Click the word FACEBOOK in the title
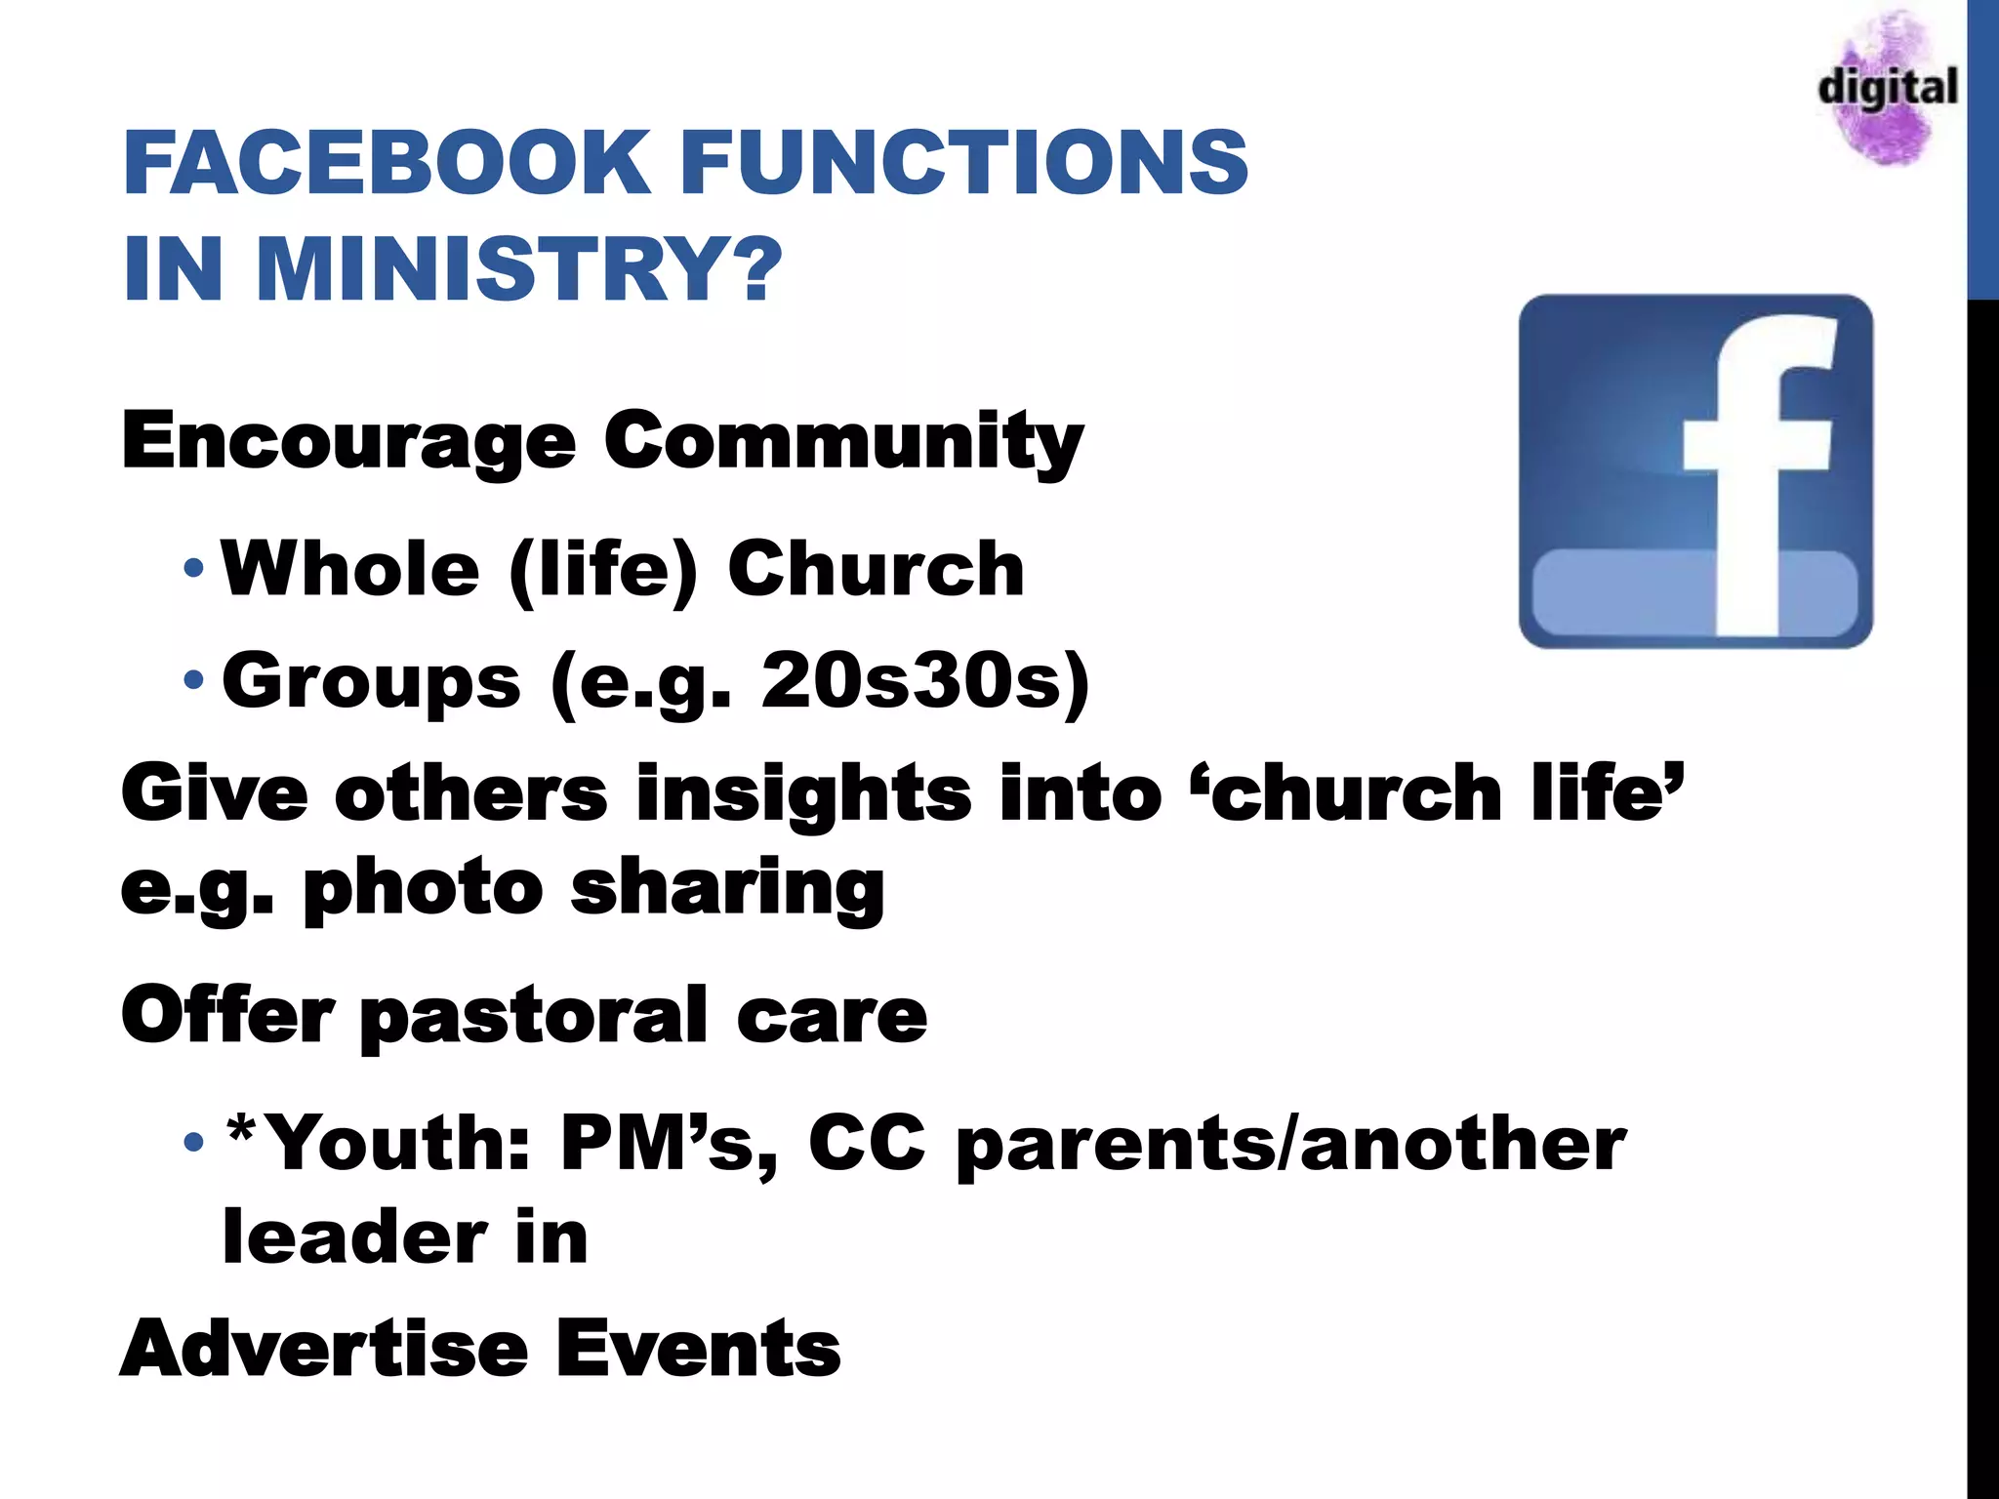(x=386, y=162)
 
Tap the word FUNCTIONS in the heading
(x=964, y=162)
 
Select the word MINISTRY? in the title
(x=519, y=269)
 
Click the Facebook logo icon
(x=1695, y=471)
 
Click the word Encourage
(x=348, y=441)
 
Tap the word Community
(x=843, y=441)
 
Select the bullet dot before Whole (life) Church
(x=193, y=567)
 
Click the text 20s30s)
(x=924, y=680)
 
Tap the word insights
(x=803, y=792)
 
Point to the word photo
(x=423, y=889)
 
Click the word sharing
(x=727, y=889)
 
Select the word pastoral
(x=534, y=1016)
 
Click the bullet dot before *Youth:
(x=193, y=1141)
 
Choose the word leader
(x=354, y=1236)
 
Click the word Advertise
(x=324, y=1349)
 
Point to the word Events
(x=698, y=1349)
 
